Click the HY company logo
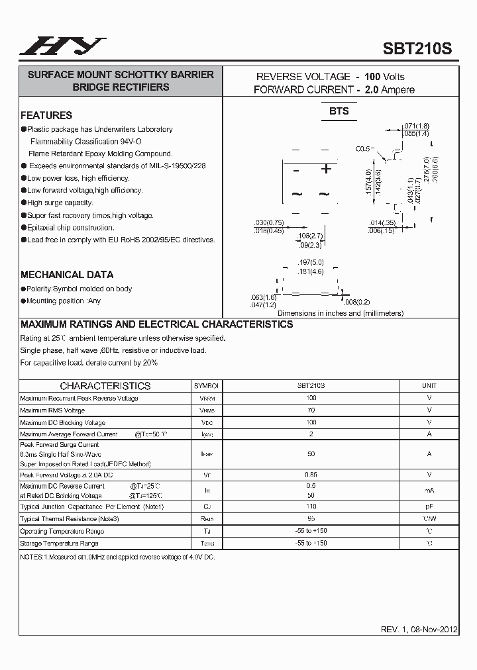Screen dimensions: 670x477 tap(62, 46)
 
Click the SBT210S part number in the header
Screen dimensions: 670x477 tap(417, 48)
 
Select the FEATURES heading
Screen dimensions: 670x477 tap(46, 115)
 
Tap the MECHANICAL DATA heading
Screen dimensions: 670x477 tap(67, 274)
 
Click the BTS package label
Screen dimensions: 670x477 tap(339, 111)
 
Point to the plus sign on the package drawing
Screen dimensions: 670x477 tap(326, 169)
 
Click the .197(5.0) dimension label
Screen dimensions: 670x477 tap(311, 263)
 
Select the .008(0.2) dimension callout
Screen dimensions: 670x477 tap(357, 302)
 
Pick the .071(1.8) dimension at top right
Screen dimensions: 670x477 tap(417, 126)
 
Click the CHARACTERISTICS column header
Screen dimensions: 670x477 tap(105, 385)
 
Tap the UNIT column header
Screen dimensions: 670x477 tap(429, 385)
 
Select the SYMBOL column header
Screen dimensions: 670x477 tap(207, 385)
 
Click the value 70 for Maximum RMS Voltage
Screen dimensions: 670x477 tap(311, 410)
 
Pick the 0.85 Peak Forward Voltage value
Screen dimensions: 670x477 tap(311, 475)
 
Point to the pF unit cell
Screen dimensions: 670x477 tap(429, 506)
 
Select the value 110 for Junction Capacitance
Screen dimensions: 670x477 tap(311, 506)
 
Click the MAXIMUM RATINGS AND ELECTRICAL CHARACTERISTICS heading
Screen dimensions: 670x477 tap(157, 324)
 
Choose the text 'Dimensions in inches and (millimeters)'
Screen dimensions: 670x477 tap(340, 313)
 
